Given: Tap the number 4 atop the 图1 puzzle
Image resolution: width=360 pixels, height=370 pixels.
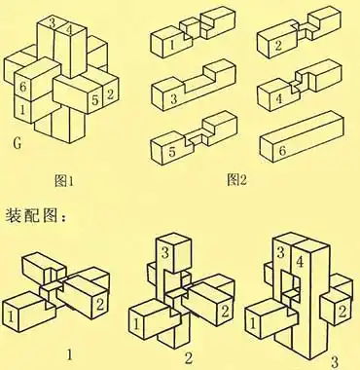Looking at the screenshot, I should [67, 29].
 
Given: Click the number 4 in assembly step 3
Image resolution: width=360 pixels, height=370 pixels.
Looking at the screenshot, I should [298, 262].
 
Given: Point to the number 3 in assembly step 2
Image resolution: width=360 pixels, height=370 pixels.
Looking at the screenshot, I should [165, 256].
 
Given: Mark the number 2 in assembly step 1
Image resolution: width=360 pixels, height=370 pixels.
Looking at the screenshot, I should [99, 306].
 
